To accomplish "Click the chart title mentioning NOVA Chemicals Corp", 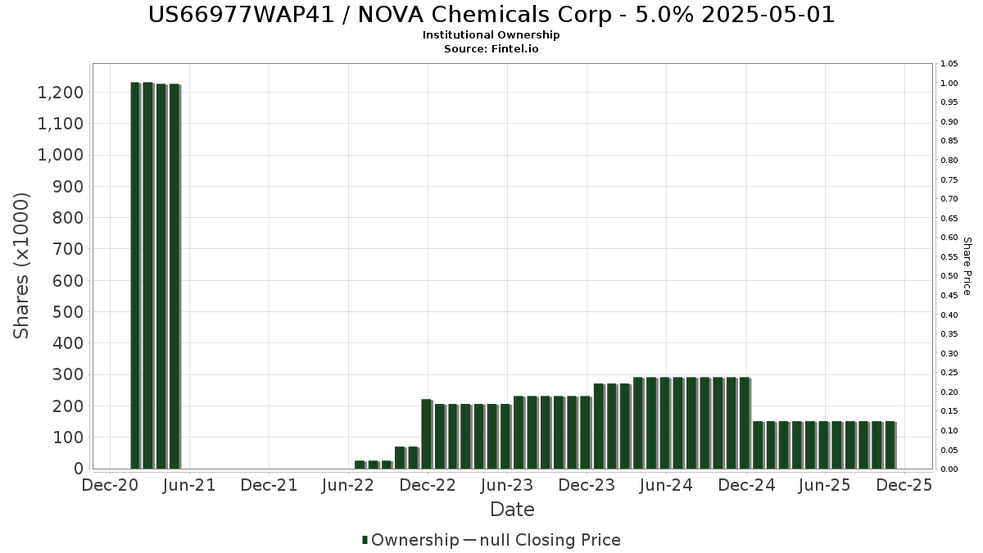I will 491,15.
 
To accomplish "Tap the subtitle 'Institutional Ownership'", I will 491,35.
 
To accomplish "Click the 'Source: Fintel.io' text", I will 491,49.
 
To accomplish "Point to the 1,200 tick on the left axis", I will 61,93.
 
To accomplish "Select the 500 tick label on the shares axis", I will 69,312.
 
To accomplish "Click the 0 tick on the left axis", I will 79,469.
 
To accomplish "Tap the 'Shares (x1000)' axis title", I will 22,265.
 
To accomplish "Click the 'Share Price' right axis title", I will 967,266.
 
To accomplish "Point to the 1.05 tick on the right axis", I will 949,64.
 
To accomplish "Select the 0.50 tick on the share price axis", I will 949,276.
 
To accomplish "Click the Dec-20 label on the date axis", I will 110,485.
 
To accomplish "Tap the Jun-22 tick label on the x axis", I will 349,485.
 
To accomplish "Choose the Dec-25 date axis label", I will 904,485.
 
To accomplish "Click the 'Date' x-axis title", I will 512,510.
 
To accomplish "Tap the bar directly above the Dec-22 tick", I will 427,433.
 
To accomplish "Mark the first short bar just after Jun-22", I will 360,465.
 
